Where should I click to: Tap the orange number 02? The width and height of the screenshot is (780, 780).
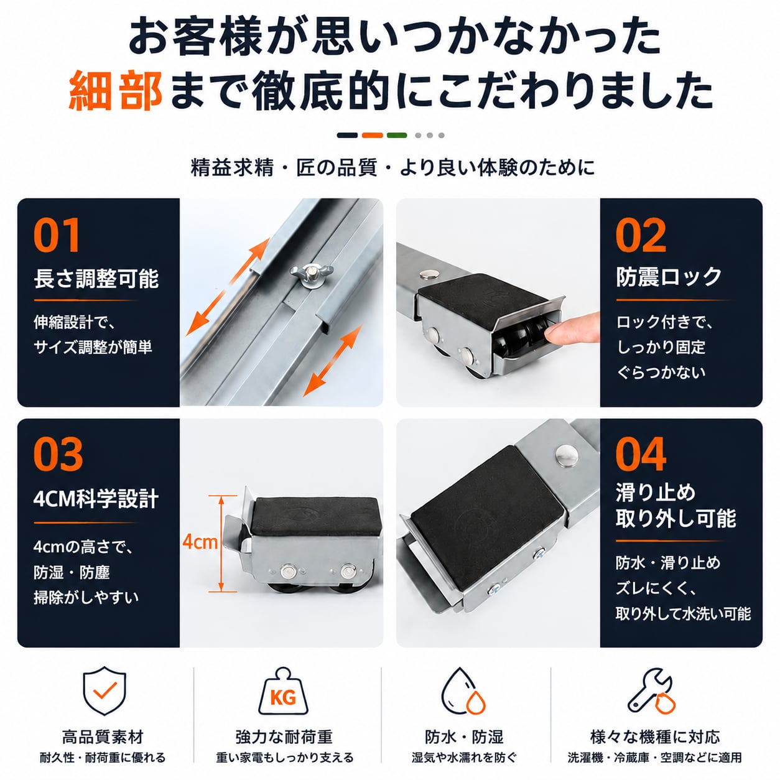(x=640, y=235)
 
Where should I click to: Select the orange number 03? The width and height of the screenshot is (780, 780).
(x=58, y=453)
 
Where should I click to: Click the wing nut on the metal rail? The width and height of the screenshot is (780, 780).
(x=311, y=276)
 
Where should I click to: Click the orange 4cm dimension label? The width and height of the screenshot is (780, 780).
(x=200, y=542)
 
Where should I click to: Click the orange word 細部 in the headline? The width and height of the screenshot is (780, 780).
(x=116, y=91)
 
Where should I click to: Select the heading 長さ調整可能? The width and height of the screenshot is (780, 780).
(x=96, y=279)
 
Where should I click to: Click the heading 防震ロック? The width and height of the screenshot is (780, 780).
(x=669, y=277)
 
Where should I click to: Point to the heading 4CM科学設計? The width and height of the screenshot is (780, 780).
(x=96, y=499)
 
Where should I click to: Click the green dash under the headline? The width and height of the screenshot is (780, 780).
(x=397, y=135)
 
